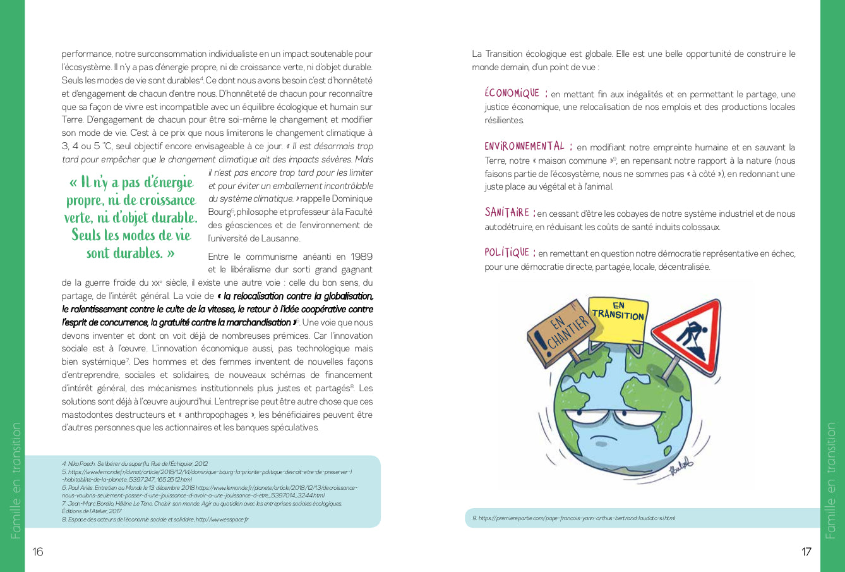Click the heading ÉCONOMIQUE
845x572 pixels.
[x=512, y=94]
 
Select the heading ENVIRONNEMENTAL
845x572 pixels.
[x=524, y=147]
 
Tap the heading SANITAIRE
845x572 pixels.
[x=507, y=213]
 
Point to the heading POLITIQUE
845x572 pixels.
[x=506, y=253]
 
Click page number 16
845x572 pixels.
[x=38, y=552]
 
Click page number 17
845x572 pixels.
[x=806, y=552]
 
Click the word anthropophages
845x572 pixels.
[x=214, y=415]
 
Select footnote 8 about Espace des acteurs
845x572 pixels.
[x=155, y=520]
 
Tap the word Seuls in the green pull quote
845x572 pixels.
[x=86, y=236]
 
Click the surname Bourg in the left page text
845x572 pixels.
[x=218, y=212]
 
